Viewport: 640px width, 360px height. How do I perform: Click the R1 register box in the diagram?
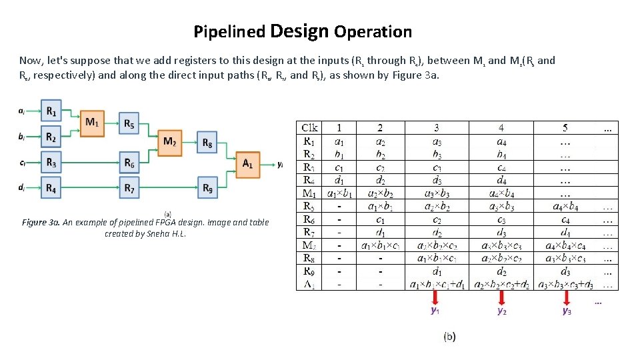click(51, 111)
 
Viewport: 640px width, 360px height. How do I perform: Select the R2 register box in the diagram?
click(51, 137)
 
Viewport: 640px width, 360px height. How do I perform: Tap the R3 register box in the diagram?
click(51, 162)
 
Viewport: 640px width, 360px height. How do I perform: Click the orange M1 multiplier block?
click(92, 123)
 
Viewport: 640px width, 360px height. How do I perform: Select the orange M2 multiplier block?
click(170, 142)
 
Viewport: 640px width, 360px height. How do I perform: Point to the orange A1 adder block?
click(248, 163)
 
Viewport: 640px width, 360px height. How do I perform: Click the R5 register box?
click(129, 123)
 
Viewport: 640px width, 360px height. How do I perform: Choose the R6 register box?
click(129, 162)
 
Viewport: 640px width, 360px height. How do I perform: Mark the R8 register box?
click(207, 142)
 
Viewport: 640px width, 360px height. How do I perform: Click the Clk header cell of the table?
click(310, 127)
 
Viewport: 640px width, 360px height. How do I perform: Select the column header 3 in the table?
click(436, 127)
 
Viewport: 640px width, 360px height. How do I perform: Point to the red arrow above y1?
click(435, 297)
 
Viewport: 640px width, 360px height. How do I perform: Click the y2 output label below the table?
click(501, 311)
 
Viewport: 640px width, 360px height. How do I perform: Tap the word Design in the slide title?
click(300, 31)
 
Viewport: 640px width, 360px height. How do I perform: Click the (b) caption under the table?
click(450, 337)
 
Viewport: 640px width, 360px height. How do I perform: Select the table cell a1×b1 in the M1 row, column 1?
click(340, 193)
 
